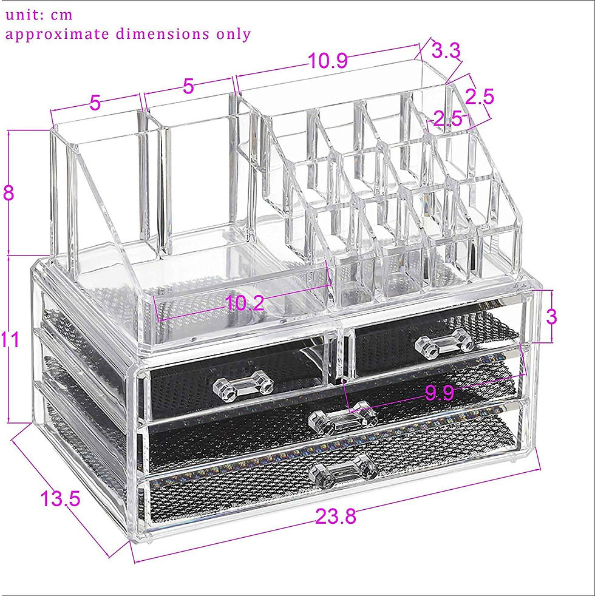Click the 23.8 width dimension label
click(335, 516)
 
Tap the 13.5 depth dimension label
click(60, 499)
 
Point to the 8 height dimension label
click(8, 195)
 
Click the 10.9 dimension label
click(327, 61)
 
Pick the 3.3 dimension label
click(446, 51)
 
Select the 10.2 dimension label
click(245, 303)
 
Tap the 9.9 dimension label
click(439, 393)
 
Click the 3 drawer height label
click(551, 316)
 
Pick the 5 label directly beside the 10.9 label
click(189, 86)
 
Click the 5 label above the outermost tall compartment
click(95, 103)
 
